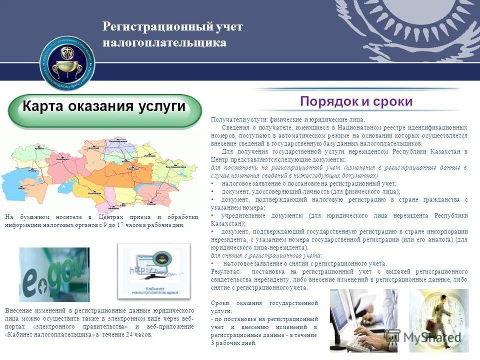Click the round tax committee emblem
tap(67, 62)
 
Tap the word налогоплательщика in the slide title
tap(164, 42)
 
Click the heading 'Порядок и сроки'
tap(356, 101)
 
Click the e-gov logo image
tap(54, 274)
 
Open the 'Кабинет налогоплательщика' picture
tap(153, 270)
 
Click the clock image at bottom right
tap(438, 320)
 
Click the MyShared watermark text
tap(430, 337)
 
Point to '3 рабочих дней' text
tap(233, 343)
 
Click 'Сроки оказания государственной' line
tap(264, 303)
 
